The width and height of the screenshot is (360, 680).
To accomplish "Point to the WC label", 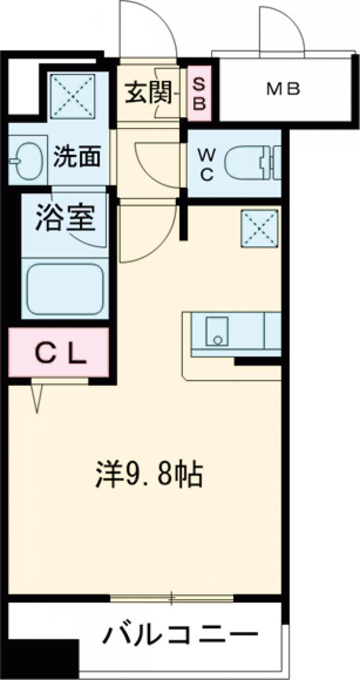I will (206, 164).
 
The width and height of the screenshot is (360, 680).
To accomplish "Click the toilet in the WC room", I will (252, 163).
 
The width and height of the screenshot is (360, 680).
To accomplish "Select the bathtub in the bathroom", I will (65, 290).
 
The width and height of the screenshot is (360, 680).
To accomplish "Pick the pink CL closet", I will (58, 353).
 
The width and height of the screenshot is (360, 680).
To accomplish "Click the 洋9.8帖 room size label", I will (148, 475).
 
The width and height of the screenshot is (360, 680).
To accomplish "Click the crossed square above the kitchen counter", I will (260, 228).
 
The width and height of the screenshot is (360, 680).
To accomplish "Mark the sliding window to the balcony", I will (172, 598).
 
